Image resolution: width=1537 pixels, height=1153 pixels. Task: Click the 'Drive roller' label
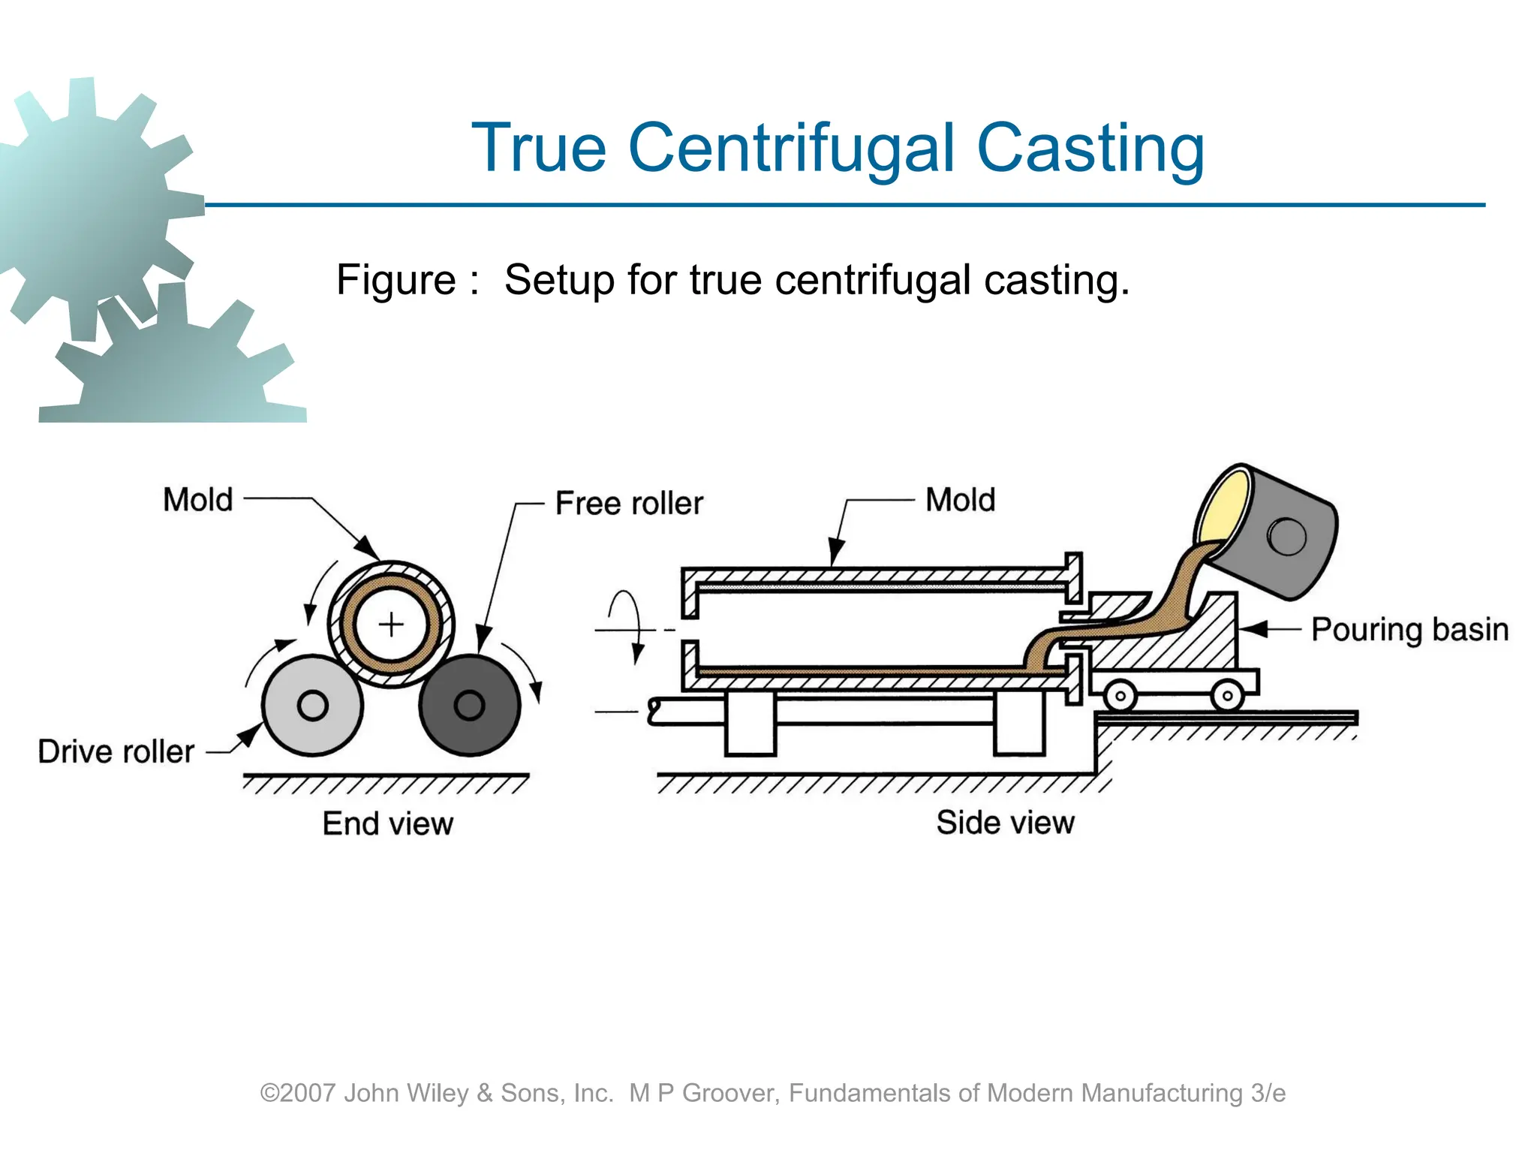[116, 751]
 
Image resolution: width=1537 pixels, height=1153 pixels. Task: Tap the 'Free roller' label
[629, 503]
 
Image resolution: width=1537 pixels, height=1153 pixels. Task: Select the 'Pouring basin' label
[1409, 629]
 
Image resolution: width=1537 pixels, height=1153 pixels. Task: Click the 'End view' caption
[387, 823]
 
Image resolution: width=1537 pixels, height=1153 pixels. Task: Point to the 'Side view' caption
[1005, 822]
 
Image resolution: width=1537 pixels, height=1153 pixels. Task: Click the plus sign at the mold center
[391, 624]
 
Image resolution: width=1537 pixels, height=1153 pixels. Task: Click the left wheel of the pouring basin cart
[1120, 695]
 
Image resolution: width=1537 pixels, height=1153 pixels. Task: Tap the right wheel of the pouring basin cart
[1227, 695]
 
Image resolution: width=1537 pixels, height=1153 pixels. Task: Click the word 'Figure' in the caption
[396, 280]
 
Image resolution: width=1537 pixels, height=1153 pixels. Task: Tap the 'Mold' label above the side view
[960, 500]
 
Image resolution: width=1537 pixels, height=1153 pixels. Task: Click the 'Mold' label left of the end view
[198, 500]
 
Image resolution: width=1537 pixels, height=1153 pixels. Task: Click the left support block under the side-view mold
[750, 724]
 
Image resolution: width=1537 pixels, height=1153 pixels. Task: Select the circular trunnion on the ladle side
[1287, 536]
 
